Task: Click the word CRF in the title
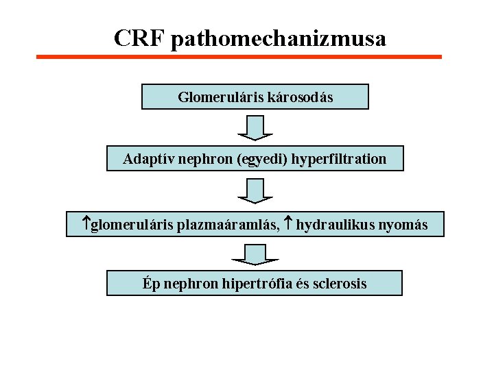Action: pos(139,38)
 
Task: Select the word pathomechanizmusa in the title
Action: pos(279,39)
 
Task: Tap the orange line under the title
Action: pos(239,57)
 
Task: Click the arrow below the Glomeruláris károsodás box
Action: pos(255,127)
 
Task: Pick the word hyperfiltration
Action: pos(339,160)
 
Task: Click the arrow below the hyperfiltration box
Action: pos(255,190)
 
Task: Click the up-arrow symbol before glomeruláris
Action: pos(86,223)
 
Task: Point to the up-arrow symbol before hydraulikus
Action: pos(289,223)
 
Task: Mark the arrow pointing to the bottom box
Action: pos(255,254)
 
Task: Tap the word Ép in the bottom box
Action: pos(151,284)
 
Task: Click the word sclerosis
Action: pos(340,284)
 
